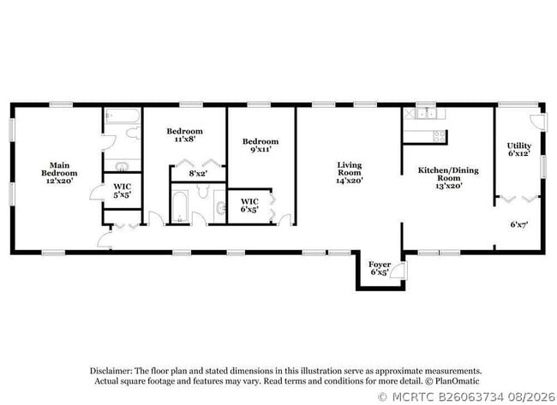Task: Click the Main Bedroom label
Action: [x=59, y=173]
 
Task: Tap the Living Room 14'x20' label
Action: [x=350, y=172]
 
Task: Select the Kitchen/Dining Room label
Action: [x=448, y=177]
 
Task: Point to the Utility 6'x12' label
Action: [x=519, y=150]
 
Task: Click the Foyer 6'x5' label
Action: [x=380, y=268]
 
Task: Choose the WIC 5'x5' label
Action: [x=123, y=190]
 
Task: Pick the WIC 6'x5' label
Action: [x=249, y=205]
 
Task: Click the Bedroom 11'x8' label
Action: [x=185, y=135]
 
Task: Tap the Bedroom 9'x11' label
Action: [x=261, y=146]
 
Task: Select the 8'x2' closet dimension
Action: [x=198, y=174]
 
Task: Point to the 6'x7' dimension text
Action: [x=519, y=224]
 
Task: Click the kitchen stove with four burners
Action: [x=440, y=136]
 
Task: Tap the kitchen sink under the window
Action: [x=426, y=114]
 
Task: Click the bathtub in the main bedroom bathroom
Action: [x=123, y=116]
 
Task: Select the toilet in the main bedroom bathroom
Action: [x=134, y=133]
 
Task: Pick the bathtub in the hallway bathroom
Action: [x=180, y=207]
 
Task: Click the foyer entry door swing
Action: [x=398, y=271]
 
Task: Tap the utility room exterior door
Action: [x=538, y=121]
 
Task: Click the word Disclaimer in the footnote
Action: [x=111, y=371]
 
